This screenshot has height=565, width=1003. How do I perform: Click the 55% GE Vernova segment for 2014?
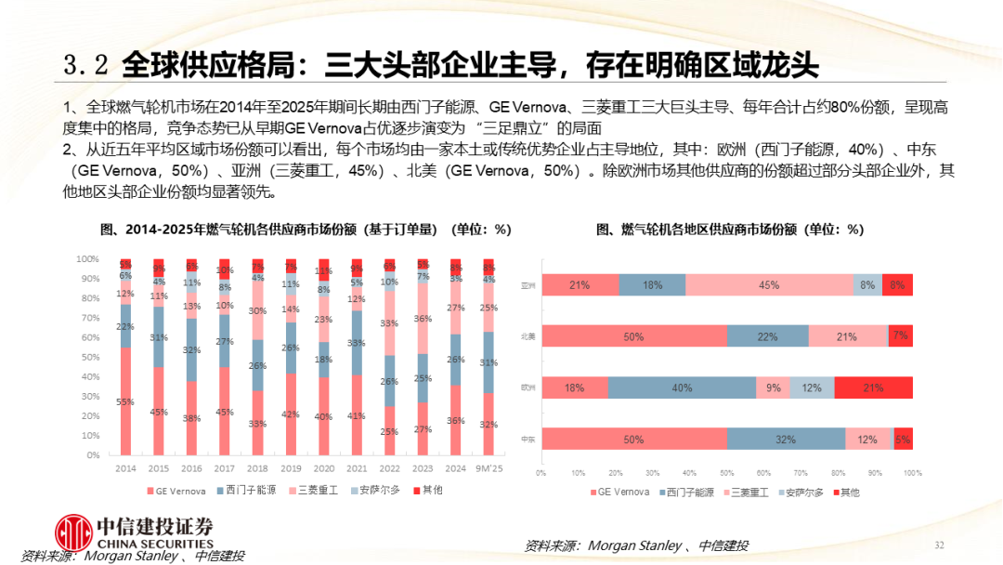[x=125, y=401]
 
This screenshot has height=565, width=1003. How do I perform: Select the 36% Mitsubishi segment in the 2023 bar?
[x=423, y=318]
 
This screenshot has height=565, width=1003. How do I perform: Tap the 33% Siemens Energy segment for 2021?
[x=357, y=342]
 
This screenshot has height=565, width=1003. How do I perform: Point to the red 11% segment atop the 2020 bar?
[x=323, y=270]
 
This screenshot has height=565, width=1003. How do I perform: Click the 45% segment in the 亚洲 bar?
[x=769, y=285]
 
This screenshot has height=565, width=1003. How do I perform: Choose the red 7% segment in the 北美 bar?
[x=900, y=336]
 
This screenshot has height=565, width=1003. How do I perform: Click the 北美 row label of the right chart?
[x=527, y=336]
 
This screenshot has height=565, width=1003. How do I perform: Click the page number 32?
[x=938, y=545]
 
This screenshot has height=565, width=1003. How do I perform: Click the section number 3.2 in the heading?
[x=86, y=64]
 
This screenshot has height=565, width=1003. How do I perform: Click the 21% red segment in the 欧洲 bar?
[x=873, y=388]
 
